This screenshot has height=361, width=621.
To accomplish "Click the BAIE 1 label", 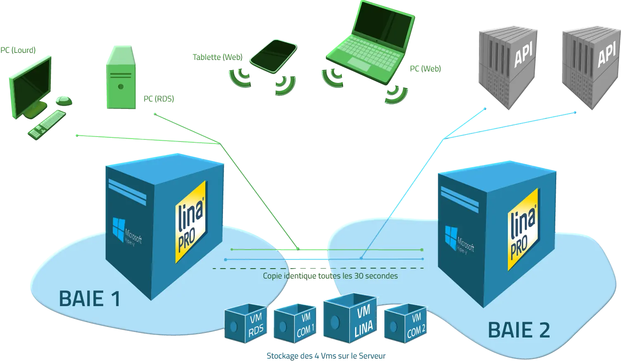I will (90, 298).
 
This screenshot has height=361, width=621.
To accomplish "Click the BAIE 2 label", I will (519, 330).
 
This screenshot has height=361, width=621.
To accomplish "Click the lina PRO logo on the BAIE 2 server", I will (523, 229).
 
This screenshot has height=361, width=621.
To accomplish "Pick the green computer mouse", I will (64, 99).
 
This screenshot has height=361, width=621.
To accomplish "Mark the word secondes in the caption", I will (382, 276).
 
